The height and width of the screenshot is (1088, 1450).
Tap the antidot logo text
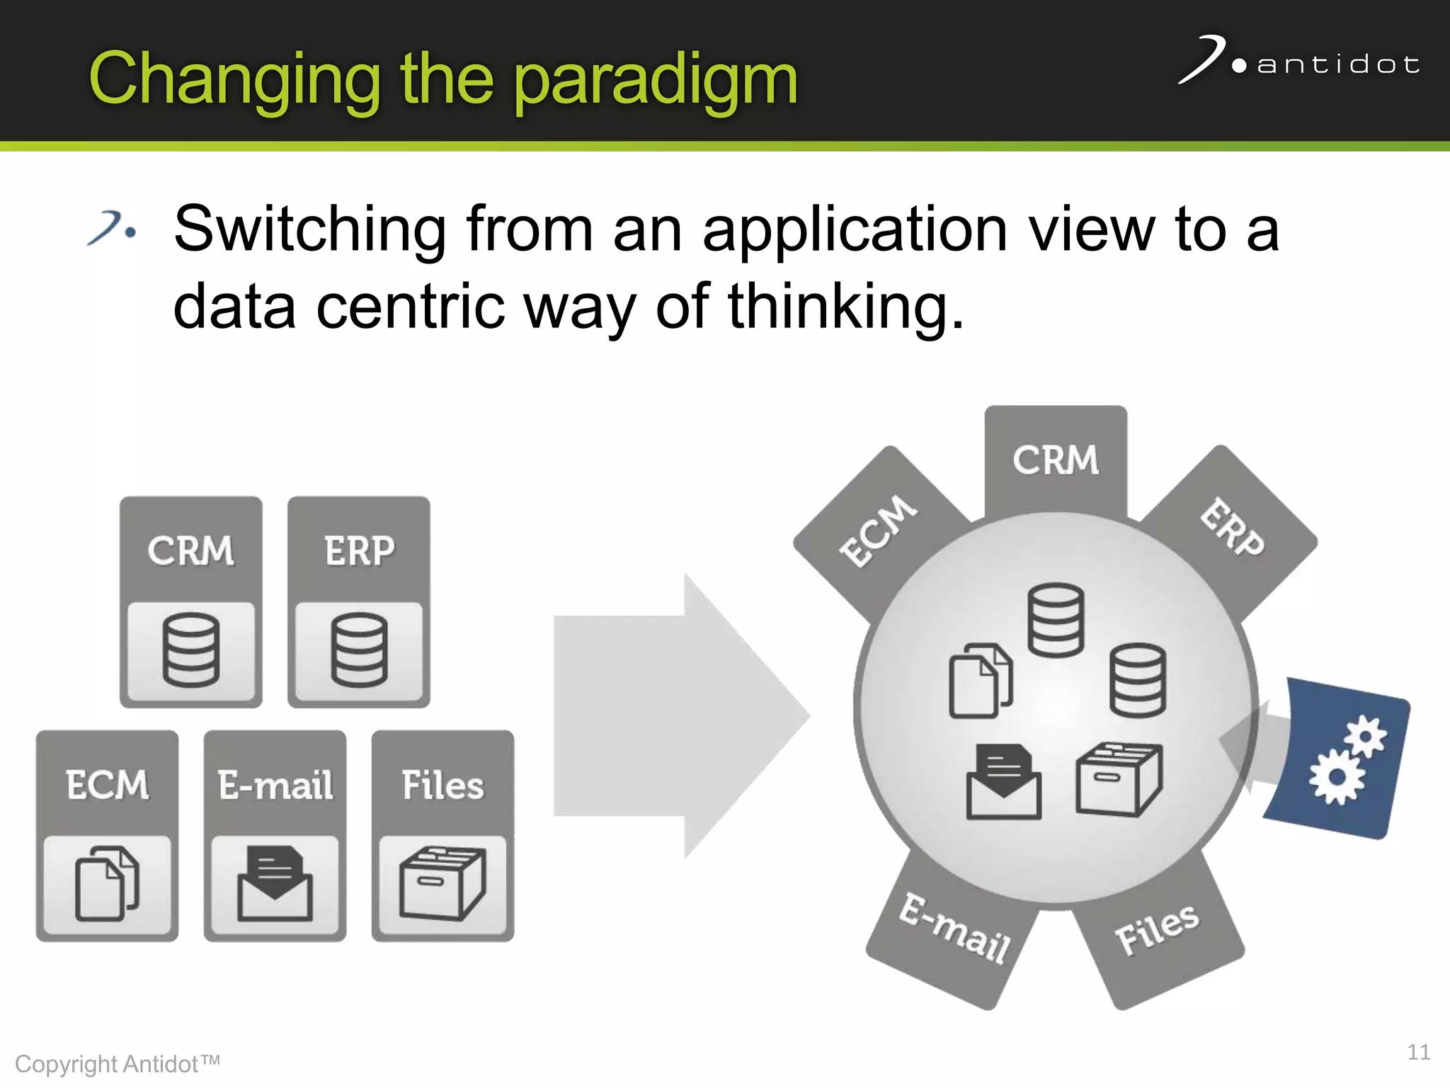pyautogui.click(x=1337, y=65)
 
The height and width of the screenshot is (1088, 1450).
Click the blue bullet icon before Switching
pyautogui.click(x=112, y=228)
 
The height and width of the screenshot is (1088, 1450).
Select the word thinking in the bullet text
pyautogui.click(x=846, y=306)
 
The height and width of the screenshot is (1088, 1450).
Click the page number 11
pyautogui.click(x=1418, y=1052)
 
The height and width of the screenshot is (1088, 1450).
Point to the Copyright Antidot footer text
pyautogui.click(x=118, y=1064)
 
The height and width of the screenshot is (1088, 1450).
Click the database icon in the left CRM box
pyautogui.click(x=191, y=650)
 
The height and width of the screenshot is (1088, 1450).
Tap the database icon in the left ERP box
pyautogui.click(x=359, y=650)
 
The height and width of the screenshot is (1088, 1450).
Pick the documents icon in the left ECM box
pyautogui.click(x=107, y=883)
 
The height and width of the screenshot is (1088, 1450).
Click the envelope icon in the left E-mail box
pyautogui.click(x=275, y=883)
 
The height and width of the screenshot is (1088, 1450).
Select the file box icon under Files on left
pyautogui.click(x=443, y=883)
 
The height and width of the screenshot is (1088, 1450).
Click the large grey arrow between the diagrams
pyautogui.click(x=680, y=715)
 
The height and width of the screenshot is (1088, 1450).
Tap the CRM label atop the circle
pyautogui.click(x=1056, y=460)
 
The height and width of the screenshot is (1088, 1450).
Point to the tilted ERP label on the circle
pyautogui.click(x=1232, y=528)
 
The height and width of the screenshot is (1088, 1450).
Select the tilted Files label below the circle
pyautogui.click(x=1157, y=930)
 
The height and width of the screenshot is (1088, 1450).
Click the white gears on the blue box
pyautogui.click(x=1345, y=761)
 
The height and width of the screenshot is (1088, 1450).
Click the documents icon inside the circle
pyautogui.click(x=981, y=681)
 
